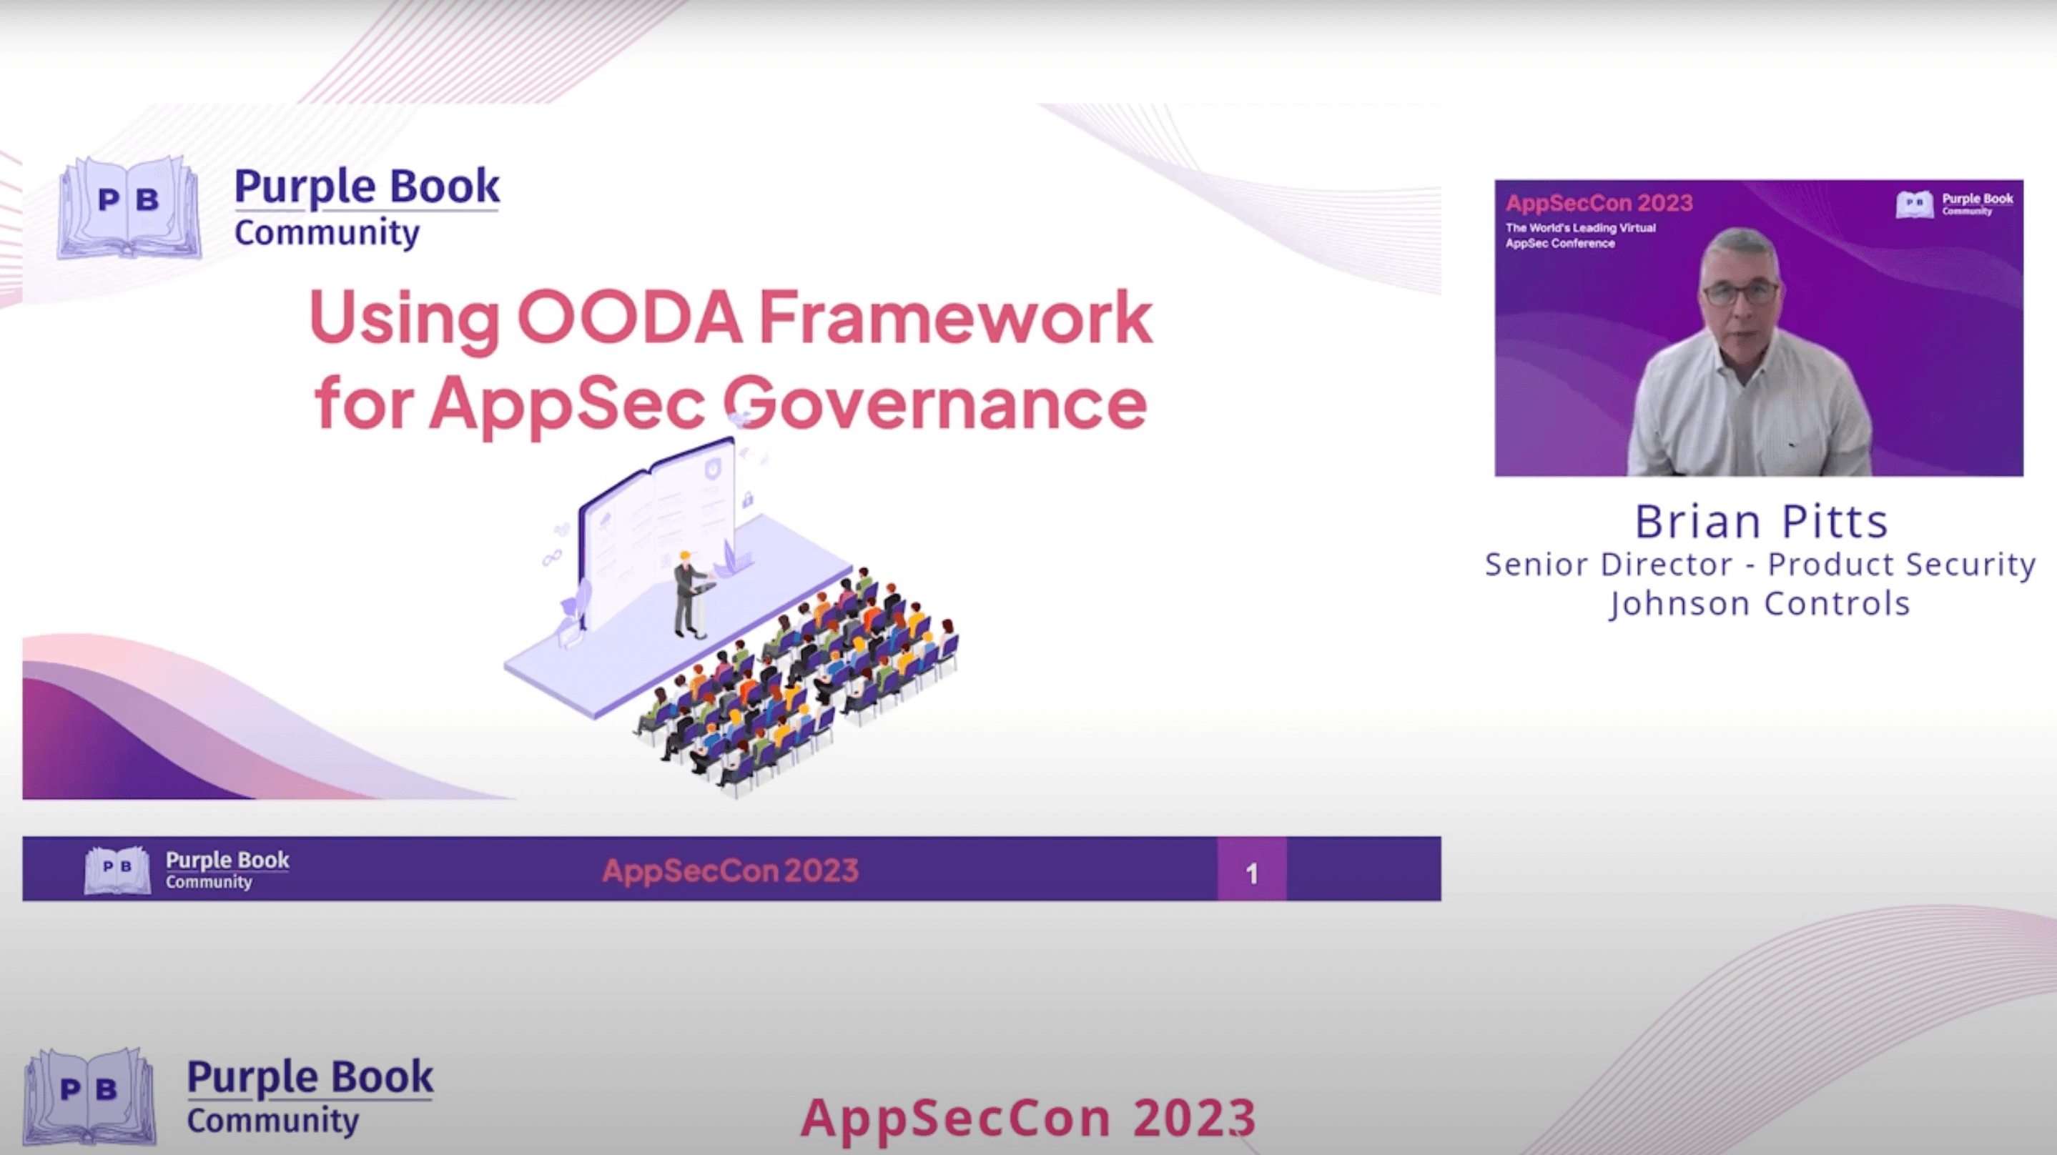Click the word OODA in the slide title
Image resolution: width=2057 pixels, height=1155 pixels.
[630, 317]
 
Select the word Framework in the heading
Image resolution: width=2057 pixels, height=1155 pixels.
[955, 317]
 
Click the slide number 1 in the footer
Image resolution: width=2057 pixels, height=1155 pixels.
[1251, 873]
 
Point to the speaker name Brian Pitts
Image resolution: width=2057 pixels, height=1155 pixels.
[1761, 522]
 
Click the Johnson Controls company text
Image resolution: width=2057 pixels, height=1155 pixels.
[1759, 603]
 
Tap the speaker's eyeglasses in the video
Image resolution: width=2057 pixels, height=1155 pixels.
[1741, 293]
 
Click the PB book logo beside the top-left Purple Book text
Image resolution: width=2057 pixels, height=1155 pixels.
[129, 207]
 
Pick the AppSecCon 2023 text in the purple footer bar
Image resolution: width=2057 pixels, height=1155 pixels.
[730, 870]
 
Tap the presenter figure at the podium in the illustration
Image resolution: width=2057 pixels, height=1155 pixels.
[686, 594]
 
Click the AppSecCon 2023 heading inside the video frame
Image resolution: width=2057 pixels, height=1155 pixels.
[1599, 203]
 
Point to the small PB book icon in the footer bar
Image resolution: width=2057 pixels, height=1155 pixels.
[117, 869]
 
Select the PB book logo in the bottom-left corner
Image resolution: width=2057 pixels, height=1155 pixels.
[89, 1095]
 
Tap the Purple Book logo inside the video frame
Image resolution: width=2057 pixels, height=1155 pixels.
[1954, 204]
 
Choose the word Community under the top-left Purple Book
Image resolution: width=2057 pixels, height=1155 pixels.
[327, 233]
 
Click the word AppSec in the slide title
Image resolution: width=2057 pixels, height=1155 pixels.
[567, 404]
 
